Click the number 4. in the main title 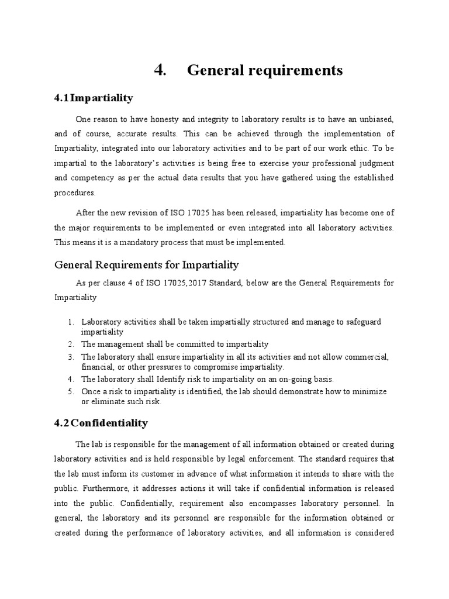[161, 70]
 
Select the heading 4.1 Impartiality [94, 98]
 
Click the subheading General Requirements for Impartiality [147, 265]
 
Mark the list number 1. [70, 322]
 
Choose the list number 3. [70, 356]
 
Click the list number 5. [70, 391]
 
